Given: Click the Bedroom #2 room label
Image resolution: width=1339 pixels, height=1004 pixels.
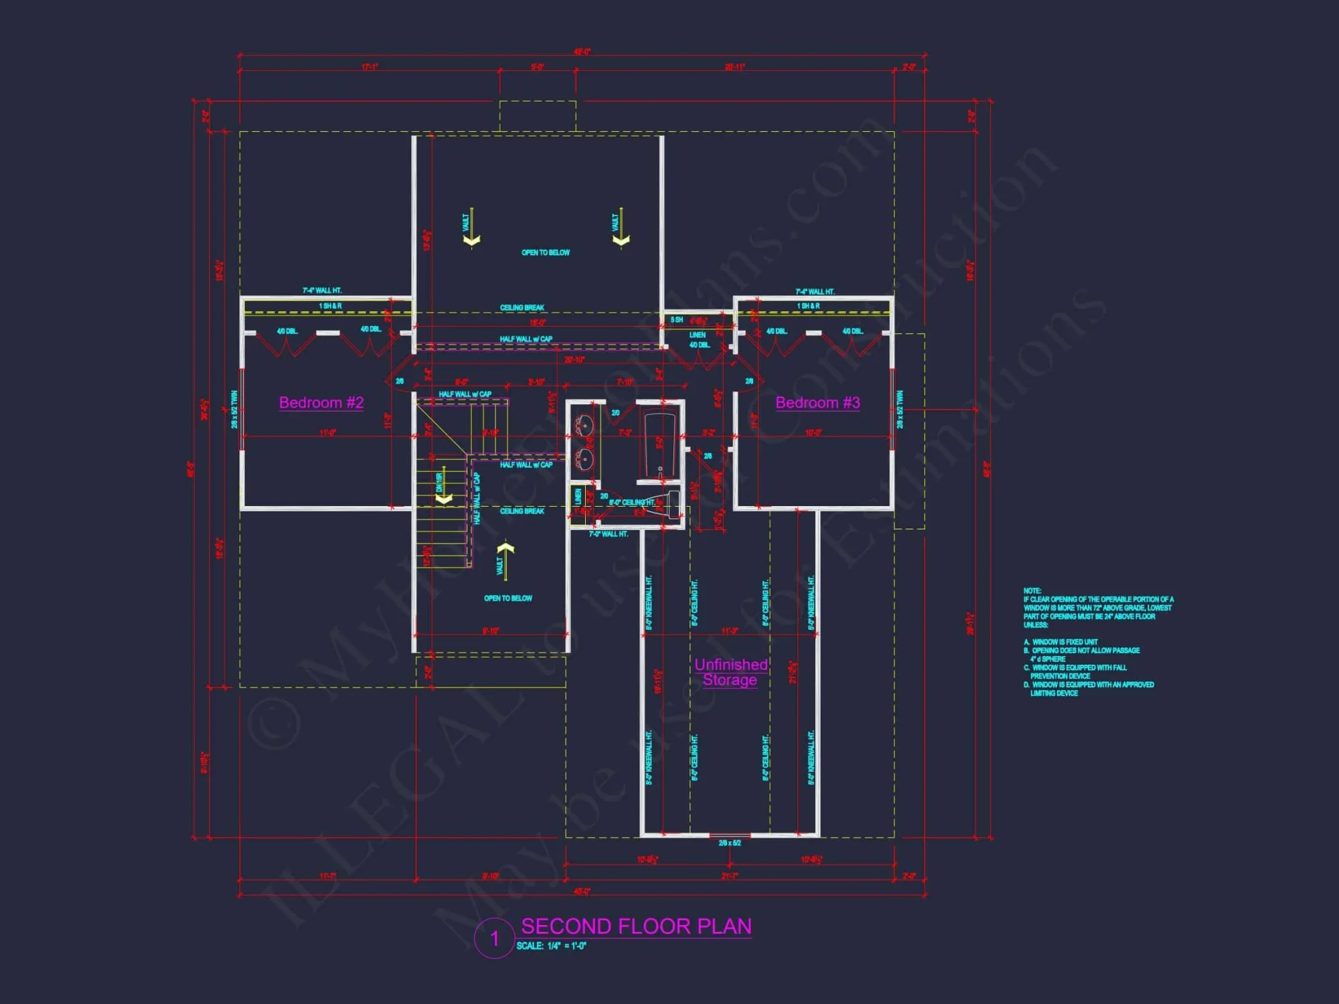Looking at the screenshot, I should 321,403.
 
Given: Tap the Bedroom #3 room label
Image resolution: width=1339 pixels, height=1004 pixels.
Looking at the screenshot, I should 817,403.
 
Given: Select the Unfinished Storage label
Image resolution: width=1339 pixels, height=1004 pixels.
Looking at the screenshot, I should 730,672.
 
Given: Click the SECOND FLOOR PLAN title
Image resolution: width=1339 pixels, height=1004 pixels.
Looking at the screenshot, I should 636,926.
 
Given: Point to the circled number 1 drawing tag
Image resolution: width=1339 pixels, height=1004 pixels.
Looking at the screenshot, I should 495,938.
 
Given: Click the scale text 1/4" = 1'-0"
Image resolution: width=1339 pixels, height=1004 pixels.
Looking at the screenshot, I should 551,946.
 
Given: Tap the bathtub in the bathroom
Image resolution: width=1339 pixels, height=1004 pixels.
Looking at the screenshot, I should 659,445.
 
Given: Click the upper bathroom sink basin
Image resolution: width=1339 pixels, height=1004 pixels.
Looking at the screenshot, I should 584,424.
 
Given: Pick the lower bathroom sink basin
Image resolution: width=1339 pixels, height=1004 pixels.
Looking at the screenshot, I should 584,459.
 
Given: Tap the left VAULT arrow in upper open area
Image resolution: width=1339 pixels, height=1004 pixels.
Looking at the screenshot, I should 471,228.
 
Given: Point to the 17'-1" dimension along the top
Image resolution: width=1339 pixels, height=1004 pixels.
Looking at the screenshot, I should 370,67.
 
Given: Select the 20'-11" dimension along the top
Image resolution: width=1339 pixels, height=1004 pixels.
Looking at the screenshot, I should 734,67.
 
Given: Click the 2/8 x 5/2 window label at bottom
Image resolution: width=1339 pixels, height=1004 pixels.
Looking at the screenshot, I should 730,843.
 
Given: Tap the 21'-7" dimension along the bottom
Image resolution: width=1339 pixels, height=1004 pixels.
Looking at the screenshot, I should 730,875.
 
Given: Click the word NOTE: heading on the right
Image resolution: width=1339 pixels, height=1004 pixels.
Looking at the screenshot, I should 1032,590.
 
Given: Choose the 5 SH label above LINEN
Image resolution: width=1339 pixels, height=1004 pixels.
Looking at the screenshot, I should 677,320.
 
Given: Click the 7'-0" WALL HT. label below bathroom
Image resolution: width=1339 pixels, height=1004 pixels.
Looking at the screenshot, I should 609,534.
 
